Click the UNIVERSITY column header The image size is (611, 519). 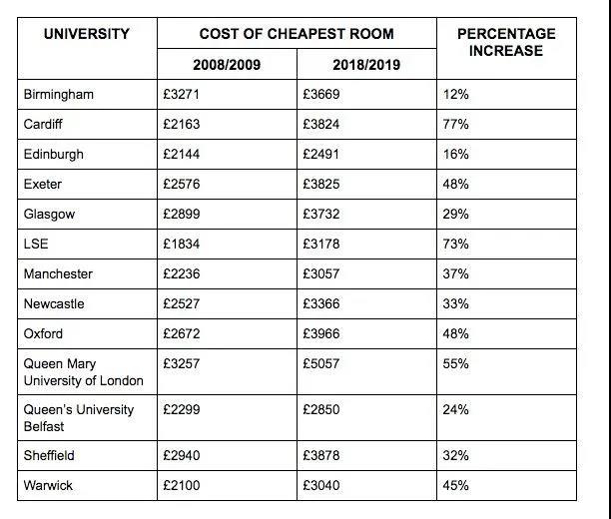tap(87, 34)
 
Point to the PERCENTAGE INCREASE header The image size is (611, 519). tap(506, 41)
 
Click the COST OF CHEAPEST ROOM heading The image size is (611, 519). tap(297, 34)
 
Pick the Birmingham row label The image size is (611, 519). tap(59, 94)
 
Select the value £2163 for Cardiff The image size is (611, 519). tap(183, 124)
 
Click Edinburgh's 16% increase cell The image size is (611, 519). tap(456, 155)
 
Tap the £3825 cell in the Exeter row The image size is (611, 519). tap(322, 185)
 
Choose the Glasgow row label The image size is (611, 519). tap(50, 215)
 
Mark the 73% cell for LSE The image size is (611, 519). tap(456, 245)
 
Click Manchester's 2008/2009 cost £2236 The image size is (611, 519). tap(183, 274)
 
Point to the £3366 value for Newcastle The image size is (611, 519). tap(322, 304)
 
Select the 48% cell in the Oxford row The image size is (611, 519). tap(456, 334)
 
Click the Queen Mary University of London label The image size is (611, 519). tap(83, 372)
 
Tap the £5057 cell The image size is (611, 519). tap(322, 364)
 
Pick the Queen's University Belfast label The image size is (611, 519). tap(79, 418)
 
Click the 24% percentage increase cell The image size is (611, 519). tap(456, 410)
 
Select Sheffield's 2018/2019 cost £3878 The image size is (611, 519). tap(322, 456)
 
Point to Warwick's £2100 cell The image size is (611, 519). tap(183, 486)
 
